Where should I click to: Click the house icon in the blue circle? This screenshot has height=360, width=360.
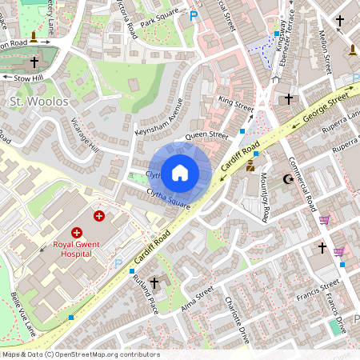point(180,172)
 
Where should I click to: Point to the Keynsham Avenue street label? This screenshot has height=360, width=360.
point(166,118)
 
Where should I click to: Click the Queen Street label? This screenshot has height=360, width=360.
point(207,136)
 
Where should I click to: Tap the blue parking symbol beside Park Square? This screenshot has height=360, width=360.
point(193,15)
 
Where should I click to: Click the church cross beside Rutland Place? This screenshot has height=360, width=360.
point(154,283)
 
